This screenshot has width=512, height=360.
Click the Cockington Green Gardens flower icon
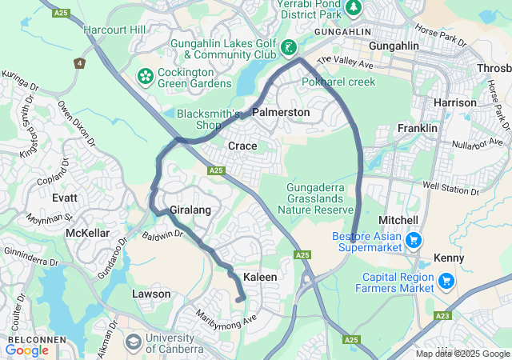(146, 76)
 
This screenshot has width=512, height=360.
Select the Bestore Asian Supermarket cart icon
(414, 239)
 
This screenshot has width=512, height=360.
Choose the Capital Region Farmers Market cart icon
(446, 280)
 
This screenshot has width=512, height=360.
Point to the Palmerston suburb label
(281, 113)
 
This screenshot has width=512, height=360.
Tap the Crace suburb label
(242, 146)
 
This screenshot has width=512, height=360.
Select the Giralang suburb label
(189, 210)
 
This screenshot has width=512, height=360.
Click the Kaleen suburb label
(260, 277)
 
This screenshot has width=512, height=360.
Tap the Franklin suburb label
(418, 128)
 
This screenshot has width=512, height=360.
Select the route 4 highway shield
(79, 62)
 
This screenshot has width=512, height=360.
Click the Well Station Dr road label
(450, 189)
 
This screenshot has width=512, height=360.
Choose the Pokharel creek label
(338, 82)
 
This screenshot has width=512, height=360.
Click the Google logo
(27, 350)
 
